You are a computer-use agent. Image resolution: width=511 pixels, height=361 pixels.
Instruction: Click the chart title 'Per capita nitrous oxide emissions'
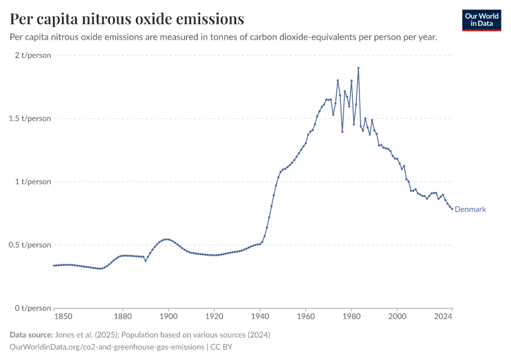tap(127, 19)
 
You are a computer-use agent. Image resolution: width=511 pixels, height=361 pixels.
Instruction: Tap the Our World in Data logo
tap(482, 20)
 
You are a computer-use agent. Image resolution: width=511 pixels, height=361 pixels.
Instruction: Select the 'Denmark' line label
tap(470, 209)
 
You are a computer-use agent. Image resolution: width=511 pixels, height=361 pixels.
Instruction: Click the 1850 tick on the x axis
tap(63, 316)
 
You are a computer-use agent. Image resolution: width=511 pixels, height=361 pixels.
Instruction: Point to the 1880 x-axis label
tap(123, 316)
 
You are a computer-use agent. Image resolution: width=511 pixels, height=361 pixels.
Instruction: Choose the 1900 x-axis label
tap(168, 316)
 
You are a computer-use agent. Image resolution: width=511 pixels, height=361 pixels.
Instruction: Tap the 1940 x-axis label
tap(260, 316)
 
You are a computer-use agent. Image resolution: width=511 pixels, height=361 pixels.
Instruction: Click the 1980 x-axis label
tap(352, 316)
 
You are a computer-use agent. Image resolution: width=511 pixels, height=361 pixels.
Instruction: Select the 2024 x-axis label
tap(443, 316)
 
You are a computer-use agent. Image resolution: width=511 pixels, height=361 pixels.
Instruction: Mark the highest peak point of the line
tap(358, 68)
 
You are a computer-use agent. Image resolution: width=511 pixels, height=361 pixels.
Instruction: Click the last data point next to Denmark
tap(452, 209)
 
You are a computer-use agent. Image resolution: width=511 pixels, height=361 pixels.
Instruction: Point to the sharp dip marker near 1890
tap(145, 261)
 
